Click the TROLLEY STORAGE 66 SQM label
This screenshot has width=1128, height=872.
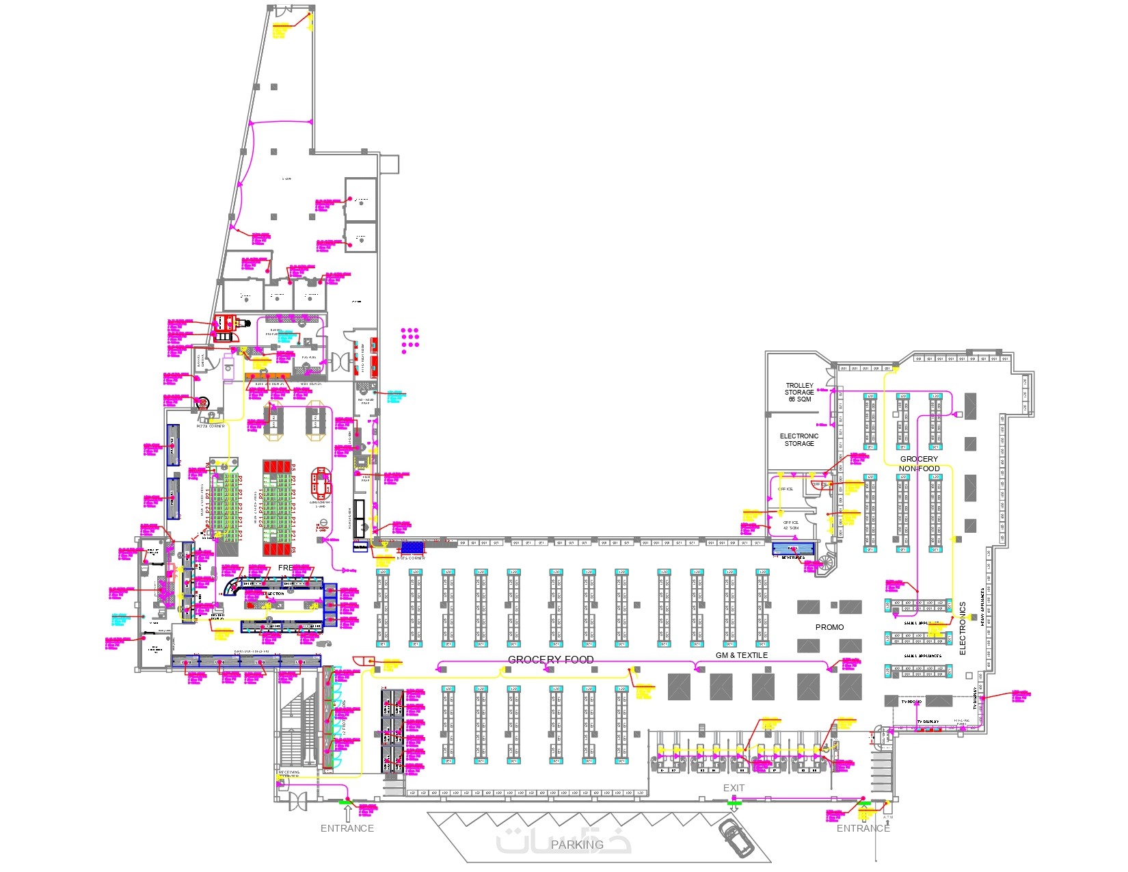point(798,392)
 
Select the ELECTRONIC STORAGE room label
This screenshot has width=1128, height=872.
point(798,440)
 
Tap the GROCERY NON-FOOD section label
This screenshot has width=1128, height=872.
point(919,464)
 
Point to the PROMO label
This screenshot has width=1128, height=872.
point(829,627)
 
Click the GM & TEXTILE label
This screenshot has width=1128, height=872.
point(741,655)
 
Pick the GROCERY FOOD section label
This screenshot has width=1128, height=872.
point(550,659)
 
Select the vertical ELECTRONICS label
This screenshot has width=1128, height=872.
point(963,628)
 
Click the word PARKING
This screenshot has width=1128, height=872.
point(577,845)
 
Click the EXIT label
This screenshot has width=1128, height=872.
point(734,788)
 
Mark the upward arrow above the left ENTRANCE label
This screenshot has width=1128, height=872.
point(347,812)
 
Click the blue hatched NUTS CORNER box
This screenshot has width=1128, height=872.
point(412,548)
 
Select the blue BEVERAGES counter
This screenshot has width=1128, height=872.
point(793,549)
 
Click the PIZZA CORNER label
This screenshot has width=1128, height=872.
point(211,426)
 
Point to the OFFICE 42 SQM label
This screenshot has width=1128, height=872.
point(790,525)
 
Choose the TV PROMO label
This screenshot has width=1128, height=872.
point(911,702)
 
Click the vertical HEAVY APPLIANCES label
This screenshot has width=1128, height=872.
point(982,607)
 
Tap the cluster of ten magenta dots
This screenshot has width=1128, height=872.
point(409,337)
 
